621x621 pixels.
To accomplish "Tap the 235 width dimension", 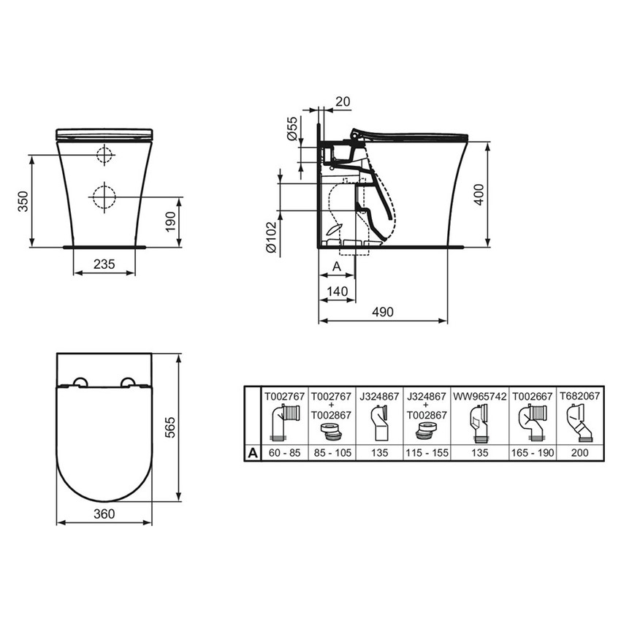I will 104,264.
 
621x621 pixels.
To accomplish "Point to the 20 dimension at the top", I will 342,102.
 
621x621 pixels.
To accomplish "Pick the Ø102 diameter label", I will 270,237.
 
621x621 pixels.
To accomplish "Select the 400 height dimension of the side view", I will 479,194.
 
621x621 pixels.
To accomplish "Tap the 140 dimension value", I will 338,290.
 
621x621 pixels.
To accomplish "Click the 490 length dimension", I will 382,312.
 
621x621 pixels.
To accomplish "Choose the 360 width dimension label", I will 104,514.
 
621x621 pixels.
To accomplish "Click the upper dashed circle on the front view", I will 104,154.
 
